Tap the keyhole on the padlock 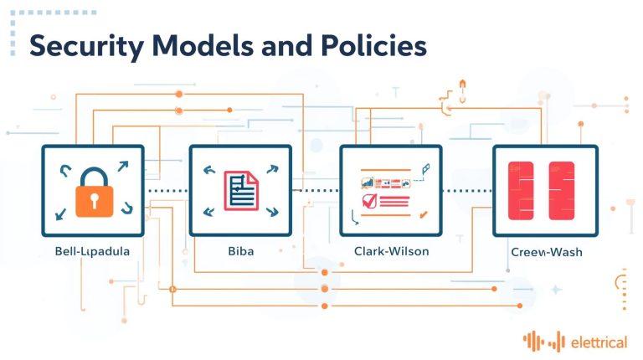[93, 199]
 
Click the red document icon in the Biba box [239, 190]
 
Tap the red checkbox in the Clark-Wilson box [367, 201]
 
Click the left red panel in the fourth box [521, 191]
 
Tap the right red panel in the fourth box [561, 191]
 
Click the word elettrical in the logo [599, 341]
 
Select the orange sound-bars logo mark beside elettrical [544, 341]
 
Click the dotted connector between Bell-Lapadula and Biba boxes [167, 191]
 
